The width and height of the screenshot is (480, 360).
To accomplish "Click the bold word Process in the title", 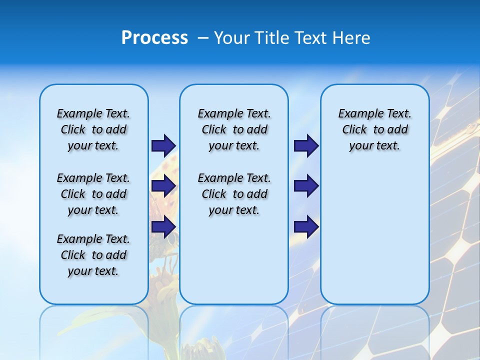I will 154,37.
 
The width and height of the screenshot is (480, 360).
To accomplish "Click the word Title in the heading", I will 272,37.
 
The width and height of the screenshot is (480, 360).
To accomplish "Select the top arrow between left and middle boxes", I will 163,145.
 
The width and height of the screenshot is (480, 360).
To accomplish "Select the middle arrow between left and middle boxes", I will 163,186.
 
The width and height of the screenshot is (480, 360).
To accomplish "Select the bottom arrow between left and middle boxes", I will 163,227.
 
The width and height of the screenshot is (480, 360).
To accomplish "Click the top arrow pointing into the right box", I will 306,145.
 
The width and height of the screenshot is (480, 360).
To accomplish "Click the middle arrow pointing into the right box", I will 306,186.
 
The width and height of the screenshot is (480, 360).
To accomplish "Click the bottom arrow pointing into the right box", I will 306,227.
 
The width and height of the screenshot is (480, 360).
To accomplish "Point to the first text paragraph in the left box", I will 93,129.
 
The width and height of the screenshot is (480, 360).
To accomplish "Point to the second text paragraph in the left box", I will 93,194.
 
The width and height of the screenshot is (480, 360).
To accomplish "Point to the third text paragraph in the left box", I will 93,255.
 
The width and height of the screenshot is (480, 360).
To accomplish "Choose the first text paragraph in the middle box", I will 234,129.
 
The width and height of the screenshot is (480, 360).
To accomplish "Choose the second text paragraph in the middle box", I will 234,194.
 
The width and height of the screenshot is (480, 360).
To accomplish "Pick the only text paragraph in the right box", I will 374,129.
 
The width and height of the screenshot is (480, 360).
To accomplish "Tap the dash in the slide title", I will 203,37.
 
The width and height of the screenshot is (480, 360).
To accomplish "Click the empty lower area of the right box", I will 374,240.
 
